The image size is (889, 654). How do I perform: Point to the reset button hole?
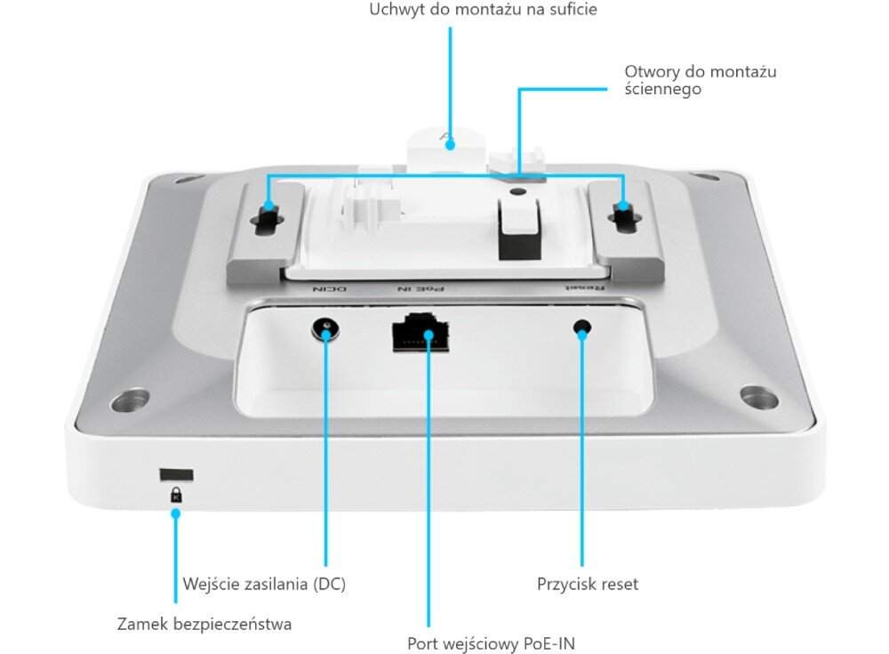point(582,327)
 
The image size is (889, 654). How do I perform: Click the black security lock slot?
point(176,474)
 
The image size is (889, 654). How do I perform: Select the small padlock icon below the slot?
point(176,494)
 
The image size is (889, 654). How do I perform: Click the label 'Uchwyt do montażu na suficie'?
point(483,10)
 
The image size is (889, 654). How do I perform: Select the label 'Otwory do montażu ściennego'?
point(701,80)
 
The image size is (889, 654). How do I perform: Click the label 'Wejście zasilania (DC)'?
point(264,584)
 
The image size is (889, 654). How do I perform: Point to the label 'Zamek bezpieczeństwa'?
point(204,624)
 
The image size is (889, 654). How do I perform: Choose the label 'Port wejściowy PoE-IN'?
point(491,644)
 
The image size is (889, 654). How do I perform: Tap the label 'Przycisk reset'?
point(588,584)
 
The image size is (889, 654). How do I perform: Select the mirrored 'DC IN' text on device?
point(330,289)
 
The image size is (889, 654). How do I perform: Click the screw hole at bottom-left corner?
point(130,400)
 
